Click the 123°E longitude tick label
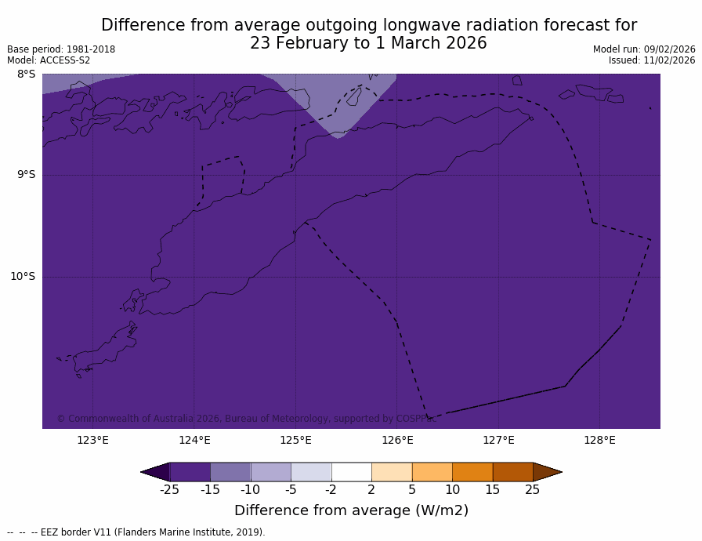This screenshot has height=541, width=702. (92, 440)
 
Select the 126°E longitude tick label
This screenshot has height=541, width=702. (397, 440)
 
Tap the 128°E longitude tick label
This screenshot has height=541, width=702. (599, 440)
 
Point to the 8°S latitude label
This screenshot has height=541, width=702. (27, 74)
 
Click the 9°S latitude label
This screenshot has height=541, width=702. (27, 175)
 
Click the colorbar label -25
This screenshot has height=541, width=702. (169, 490)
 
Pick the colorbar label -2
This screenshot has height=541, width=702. (331, 490)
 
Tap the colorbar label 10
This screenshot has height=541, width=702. (452, 490)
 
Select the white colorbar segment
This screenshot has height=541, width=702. (351, 471)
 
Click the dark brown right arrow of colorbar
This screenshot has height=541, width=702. (547, 471)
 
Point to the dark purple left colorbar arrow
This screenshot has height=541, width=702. (155, 471)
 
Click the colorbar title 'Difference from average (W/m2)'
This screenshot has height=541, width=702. (351, 510)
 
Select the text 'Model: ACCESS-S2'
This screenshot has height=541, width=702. (49, 60)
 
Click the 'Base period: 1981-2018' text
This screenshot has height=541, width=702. (61, 49)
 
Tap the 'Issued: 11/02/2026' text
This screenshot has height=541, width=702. (652, 60)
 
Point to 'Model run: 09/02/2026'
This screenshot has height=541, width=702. (644, 49)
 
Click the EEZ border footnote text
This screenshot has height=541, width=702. (136, 532)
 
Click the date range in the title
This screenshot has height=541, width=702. (368, 44)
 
